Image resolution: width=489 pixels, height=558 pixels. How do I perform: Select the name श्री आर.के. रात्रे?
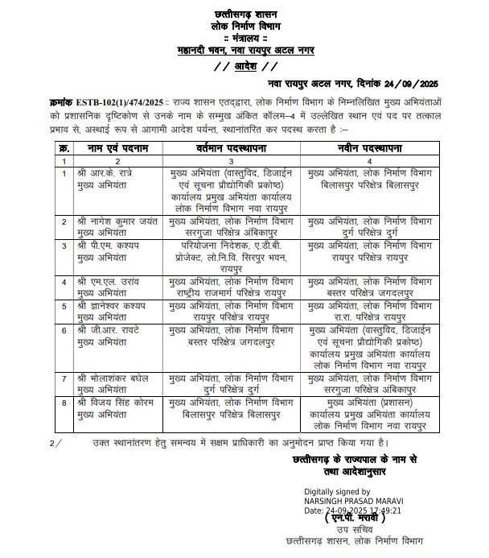[105, 173]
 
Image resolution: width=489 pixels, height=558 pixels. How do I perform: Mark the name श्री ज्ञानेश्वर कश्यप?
[111, 306]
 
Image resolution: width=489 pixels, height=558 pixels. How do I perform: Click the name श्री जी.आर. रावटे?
[106, 329]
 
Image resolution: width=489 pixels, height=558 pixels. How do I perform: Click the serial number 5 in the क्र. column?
[64, 306]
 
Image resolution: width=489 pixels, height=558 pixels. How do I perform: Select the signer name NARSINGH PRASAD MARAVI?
[353, 501]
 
